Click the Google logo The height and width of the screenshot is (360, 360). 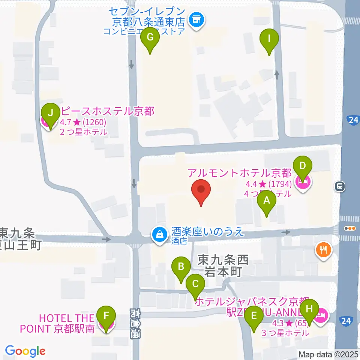[25, 351]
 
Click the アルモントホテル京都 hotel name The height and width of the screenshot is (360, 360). [240, 173]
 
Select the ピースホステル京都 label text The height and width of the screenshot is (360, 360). [106, 111]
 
